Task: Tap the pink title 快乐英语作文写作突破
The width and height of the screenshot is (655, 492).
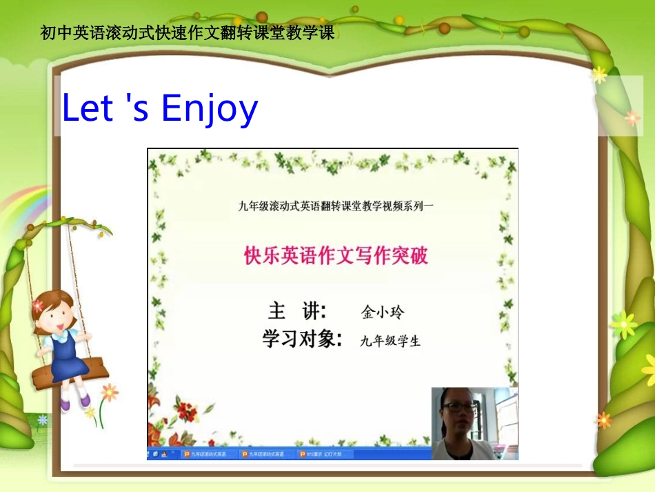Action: tap(336, 256)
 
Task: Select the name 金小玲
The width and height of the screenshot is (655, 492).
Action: tap(383, 313)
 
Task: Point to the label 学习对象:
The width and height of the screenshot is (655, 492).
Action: tap(302, 339)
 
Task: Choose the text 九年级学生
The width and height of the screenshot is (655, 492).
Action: tap(390, 340)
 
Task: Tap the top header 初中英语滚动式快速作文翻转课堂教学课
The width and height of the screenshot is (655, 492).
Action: tap(188, 32)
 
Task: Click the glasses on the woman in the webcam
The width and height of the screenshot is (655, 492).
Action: tap(459, 408)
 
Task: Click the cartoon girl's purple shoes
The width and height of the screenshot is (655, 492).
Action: tap(74, 400)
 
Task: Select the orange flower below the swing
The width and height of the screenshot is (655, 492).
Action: tap(109, 393)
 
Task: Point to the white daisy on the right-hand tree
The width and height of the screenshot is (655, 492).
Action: tap(623, 324)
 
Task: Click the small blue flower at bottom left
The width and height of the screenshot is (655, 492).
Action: tap(43, 419)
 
